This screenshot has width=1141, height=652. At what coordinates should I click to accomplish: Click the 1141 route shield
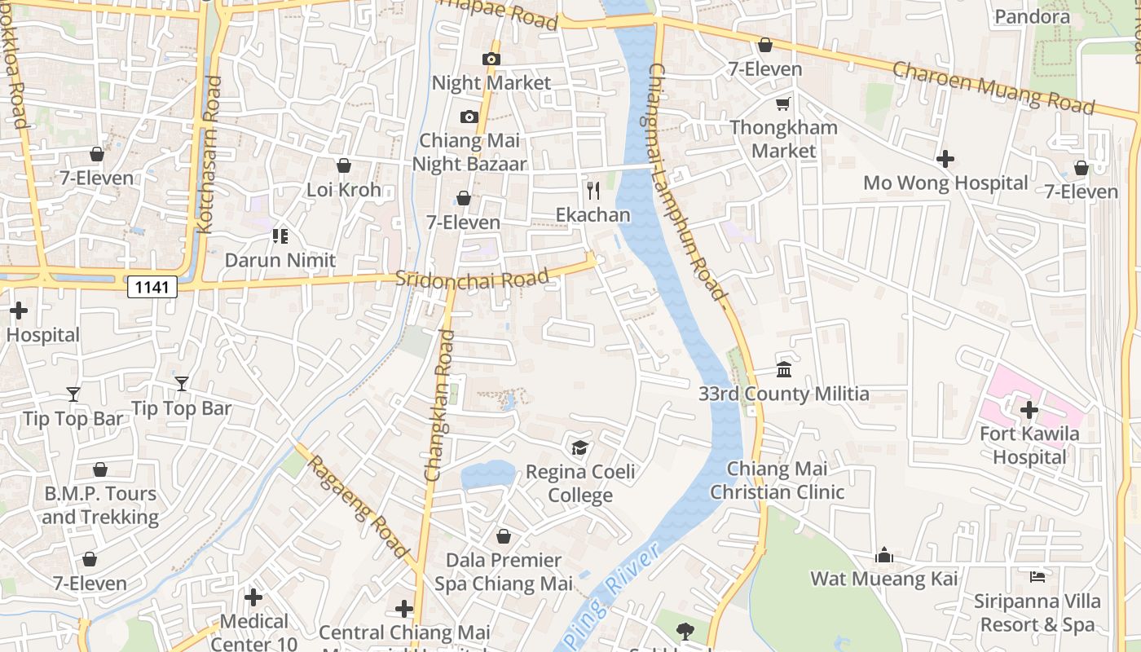[152, 286]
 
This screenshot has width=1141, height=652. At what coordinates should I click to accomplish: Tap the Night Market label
[491, 83]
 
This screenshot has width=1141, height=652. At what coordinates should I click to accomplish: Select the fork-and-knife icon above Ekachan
[593, 191]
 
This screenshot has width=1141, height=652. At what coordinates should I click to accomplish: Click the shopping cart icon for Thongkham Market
[783, 104]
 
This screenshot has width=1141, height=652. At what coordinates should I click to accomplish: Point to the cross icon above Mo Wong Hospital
[945, 159]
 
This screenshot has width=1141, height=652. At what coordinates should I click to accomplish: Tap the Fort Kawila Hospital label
[1029, 445]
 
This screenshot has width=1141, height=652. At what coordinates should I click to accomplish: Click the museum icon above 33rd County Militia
[784, 370]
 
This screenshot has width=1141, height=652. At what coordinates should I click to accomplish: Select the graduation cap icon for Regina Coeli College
[579, 447]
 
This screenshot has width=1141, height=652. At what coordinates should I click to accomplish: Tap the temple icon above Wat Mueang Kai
[884, 556]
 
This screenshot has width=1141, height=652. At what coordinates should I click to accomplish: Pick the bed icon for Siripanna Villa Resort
[1037, 577]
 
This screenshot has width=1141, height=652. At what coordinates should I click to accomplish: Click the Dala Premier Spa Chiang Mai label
[497, 572]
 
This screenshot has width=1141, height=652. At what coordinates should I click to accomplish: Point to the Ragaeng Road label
[358, 506]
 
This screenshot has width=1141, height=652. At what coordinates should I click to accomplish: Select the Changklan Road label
[438, 405]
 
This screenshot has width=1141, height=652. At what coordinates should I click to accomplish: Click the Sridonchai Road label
[472, 278]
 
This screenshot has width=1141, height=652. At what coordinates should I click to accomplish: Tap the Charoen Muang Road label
[993, 87]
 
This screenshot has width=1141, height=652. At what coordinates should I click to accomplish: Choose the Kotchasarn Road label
[209, 155]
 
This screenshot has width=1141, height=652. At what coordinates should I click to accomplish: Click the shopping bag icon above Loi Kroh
[344, 165]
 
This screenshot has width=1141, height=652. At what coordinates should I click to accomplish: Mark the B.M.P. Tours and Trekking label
[99, 505]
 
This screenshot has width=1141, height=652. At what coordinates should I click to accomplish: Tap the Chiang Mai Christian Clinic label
[777, 481]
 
